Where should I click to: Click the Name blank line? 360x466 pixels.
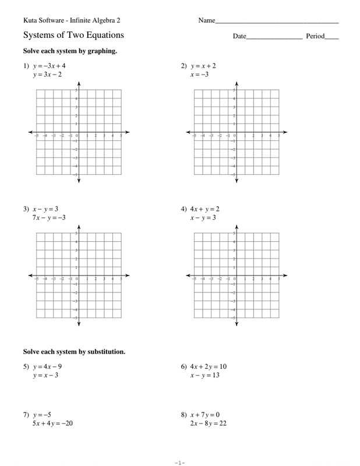pyautogui.click(x=277, y=22)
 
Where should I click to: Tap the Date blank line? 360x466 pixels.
pyautogui.click(x=274, y=38)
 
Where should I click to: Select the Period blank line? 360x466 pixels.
pyautogui.click(x=332, y=38)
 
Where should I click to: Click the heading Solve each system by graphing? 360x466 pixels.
pyautogui.click(x=70, y=51)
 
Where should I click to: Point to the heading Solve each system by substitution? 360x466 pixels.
pyautogui.click(x=74, y=352)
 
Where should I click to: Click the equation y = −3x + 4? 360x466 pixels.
pyautogui.click(x=54, y=66)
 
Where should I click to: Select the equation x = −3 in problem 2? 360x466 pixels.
pyautogui.click(x=199, y=75)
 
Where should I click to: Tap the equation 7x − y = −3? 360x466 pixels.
pyautogui.click(x=49, y=218)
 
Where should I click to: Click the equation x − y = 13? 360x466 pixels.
pyautogui.click(x=204, y=375)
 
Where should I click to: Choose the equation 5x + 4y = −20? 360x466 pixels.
pyautogui.click(x=52, y=423)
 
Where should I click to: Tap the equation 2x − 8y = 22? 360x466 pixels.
pyautogui.click(x=208, y=423)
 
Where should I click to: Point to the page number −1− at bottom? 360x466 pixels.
pyautogui.click(x=179, y=462)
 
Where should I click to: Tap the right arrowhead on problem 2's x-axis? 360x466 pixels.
pyautogui.click(x=285, y=133)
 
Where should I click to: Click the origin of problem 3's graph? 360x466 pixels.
pyautogui.click(x=79, y=276)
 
